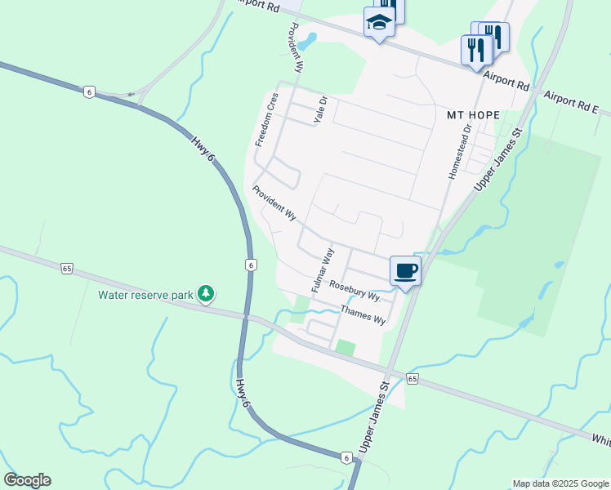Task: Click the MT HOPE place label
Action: click(473, 115)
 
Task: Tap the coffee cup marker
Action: click(405, 270)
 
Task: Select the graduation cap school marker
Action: click(379, 23)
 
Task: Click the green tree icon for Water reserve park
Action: click(207, 292)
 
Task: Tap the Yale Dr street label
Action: click(320, 110)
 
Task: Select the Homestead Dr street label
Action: click(459, 152)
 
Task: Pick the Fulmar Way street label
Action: click(323, 269)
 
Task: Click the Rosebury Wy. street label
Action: click(355, 290)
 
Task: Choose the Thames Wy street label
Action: click(363, 314)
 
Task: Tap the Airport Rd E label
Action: click(571, 101)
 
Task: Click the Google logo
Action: click(27, 480)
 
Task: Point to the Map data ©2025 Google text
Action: click(560, 483)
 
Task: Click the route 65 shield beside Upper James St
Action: click(413, 378)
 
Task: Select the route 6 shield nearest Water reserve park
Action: click(251, 265)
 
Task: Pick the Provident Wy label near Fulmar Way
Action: click(274, 203)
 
